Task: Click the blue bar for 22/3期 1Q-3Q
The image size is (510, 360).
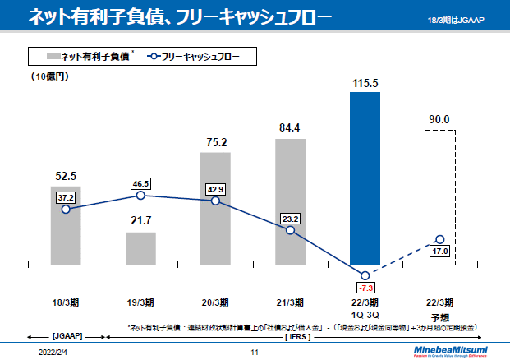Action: pos(365,177)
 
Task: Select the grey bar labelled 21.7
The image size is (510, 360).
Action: pos(140,248)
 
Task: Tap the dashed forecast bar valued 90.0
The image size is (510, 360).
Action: pos(439,197)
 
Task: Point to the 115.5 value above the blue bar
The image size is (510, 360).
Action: pos(365,84)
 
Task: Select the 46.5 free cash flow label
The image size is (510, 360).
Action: pos(140,183)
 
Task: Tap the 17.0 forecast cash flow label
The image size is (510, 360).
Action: pos(439,252)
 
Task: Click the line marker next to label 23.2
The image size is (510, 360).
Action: pos(291,230)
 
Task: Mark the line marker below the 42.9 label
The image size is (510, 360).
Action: pos(216,201)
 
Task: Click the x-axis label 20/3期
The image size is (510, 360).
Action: pos(216,302)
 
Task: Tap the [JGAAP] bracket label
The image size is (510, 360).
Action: pos(67,336)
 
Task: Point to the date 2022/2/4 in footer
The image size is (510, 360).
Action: pos(54,351)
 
